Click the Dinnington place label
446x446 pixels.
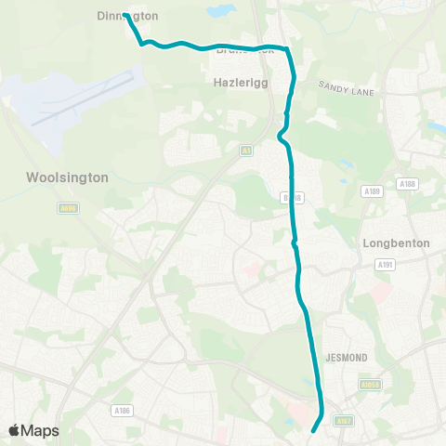[x=128, y=16]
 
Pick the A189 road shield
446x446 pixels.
[x=373, y=191]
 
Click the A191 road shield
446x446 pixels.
[x=385, y=265]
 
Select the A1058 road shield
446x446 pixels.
[x=370, y=384]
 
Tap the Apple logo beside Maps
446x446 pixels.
[x=14, y=430]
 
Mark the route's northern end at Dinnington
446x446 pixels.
[x=125, y=15]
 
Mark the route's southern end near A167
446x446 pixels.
[x=313, y=430]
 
